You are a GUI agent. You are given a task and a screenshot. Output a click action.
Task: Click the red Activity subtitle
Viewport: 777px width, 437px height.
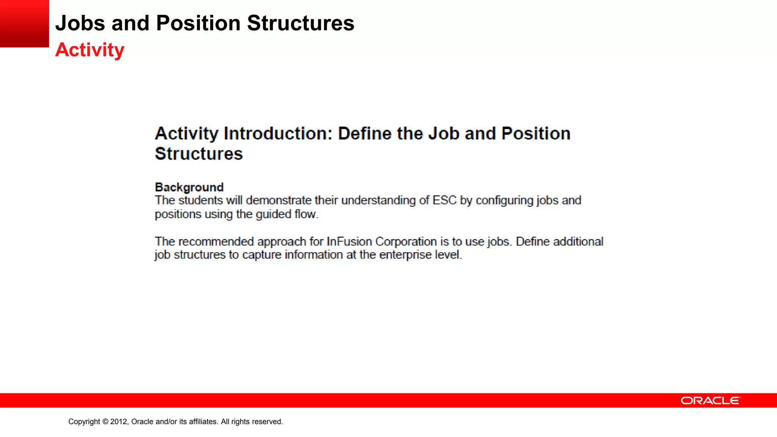[90, 50]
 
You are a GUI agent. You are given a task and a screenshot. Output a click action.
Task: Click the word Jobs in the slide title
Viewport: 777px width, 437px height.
[80, 23]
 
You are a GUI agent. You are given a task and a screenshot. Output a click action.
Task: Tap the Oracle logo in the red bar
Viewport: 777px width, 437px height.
[710, 401]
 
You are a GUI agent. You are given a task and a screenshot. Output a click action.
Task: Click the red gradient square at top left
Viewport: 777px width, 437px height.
[24, 24]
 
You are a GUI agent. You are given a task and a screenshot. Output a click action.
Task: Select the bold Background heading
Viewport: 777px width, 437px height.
[189, 187]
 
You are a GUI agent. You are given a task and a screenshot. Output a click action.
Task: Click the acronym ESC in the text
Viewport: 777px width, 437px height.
[444, 200]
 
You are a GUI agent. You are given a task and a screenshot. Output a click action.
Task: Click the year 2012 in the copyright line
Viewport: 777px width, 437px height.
[119, 421]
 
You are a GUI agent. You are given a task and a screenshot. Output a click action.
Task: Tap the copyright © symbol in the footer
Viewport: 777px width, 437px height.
[105, 421]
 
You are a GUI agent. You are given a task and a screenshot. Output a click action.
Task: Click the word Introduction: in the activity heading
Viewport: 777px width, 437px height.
[278, 134]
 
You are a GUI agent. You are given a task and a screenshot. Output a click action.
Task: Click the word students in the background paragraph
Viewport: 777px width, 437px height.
[200, 200]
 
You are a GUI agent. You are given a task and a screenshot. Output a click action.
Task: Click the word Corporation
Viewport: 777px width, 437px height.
[406, 242]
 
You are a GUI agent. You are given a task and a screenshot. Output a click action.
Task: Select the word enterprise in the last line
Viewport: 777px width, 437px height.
[405, 255]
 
